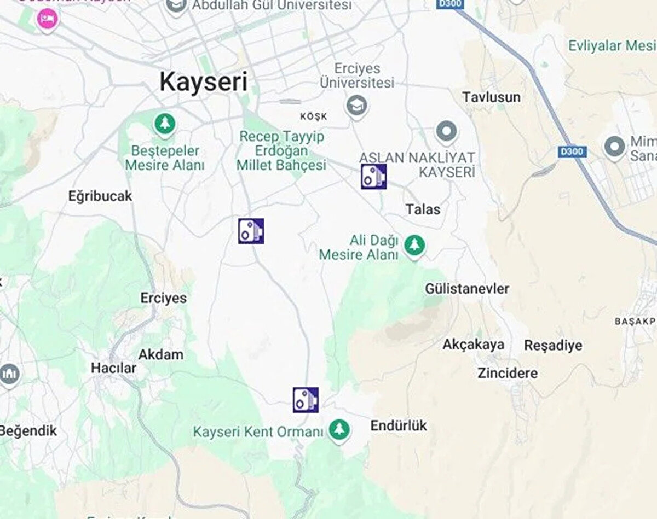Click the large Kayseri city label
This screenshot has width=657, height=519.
203,82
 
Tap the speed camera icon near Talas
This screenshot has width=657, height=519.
373,177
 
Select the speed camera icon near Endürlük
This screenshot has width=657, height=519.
306,400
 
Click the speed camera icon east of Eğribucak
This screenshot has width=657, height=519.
251,231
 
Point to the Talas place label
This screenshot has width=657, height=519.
423,209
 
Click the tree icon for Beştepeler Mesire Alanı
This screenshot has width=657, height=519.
164,124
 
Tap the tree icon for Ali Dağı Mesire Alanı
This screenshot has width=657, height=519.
414,245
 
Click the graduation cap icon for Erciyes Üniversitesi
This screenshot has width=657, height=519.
357,105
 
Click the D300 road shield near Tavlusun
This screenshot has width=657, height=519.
572,151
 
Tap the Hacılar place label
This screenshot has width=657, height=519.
113,369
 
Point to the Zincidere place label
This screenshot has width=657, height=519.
508,374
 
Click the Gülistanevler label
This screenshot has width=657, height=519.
467,289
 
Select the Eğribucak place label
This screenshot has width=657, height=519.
100,196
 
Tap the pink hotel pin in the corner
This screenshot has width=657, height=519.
46,20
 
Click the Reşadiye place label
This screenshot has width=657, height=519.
553,346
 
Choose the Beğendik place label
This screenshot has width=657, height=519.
28,431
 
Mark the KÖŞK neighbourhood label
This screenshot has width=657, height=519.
314,116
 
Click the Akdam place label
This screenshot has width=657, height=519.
160,354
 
